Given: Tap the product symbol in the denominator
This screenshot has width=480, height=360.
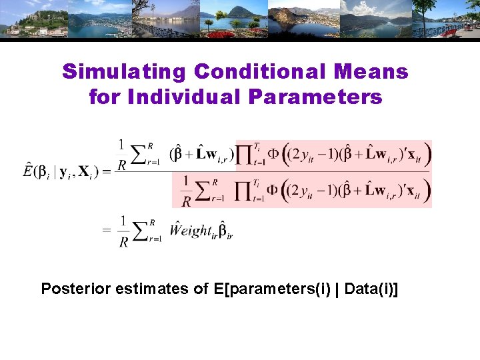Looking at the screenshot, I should pyautogui.click(x=254, y=192).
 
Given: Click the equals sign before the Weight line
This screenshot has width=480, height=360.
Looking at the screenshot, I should pyautogui.click(x=107, y=230).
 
